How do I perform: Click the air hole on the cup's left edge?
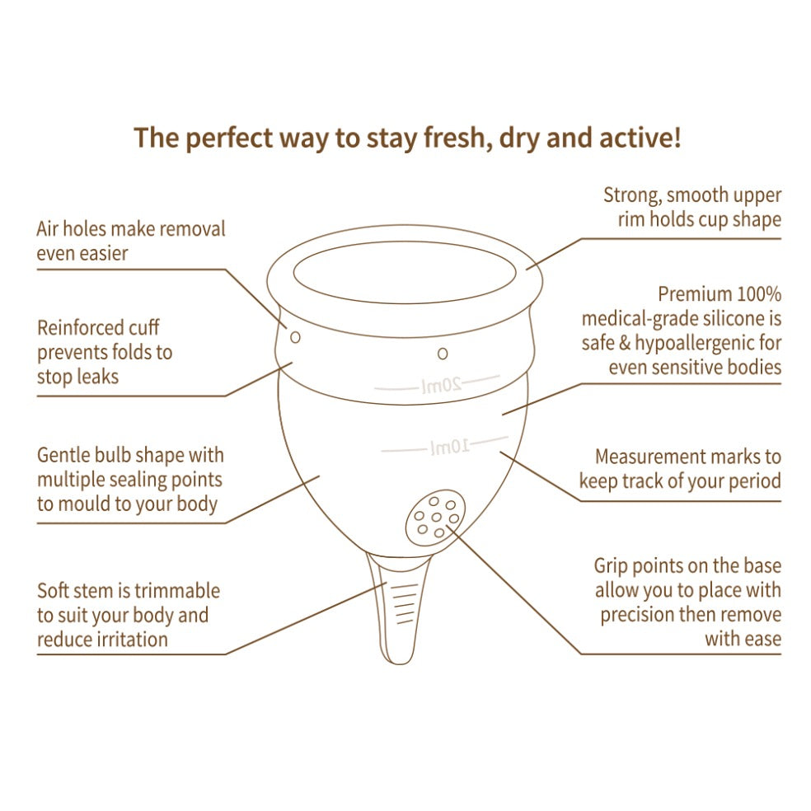pos(295,337)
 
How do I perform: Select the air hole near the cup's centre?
pos(443,354)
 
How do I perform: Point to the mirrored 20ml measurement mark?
pos(441,386)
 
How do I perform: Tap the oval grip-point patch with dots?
pos(435,518)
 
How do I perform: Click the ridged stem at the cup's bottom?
pos(398,608)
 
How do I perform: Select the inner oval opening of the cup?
pos(405,271)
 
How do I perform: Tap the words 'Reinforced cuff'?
pos(98,328)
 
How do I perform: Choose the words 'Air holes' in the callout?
pos(71,228)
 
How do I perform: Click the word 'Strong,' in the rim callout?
pos(632,195)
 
